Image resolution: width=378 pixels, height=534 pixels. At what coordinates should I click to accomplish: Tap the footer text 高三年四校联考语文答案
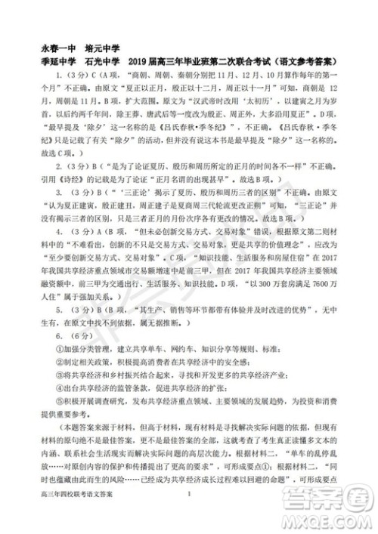(73, 515)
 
